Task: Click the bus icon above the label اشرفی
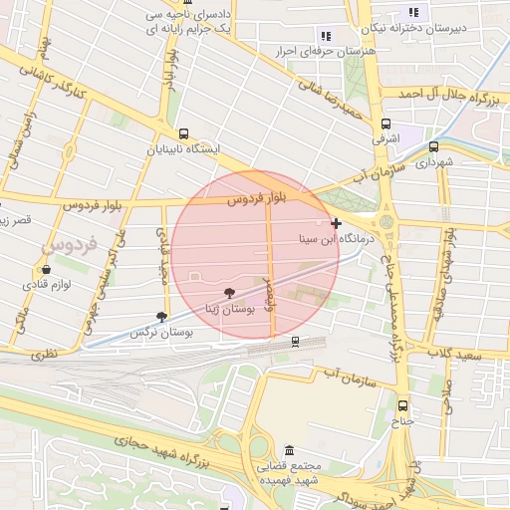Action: coord(385,124)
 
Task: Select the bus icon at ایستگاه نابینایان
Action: coord(182,133)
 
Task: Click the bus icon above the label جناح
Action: coord(402,405)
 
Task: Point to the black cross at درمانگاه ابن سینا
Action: coord(337,223)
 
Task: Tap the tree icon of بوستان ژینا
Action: coord(230,293)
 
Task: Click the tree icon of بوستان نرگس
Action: coord(161,317)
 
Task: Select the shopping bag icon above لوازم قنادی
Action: coord(46,269)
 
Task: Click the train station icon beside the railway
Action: coord(295,341)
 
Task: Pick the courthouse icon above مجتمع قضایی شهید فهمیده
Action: coord(289,450)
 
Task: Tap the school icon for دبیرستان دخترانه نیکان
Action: coord(410,14)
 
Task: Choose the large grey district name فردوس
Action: coord(71,243)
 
